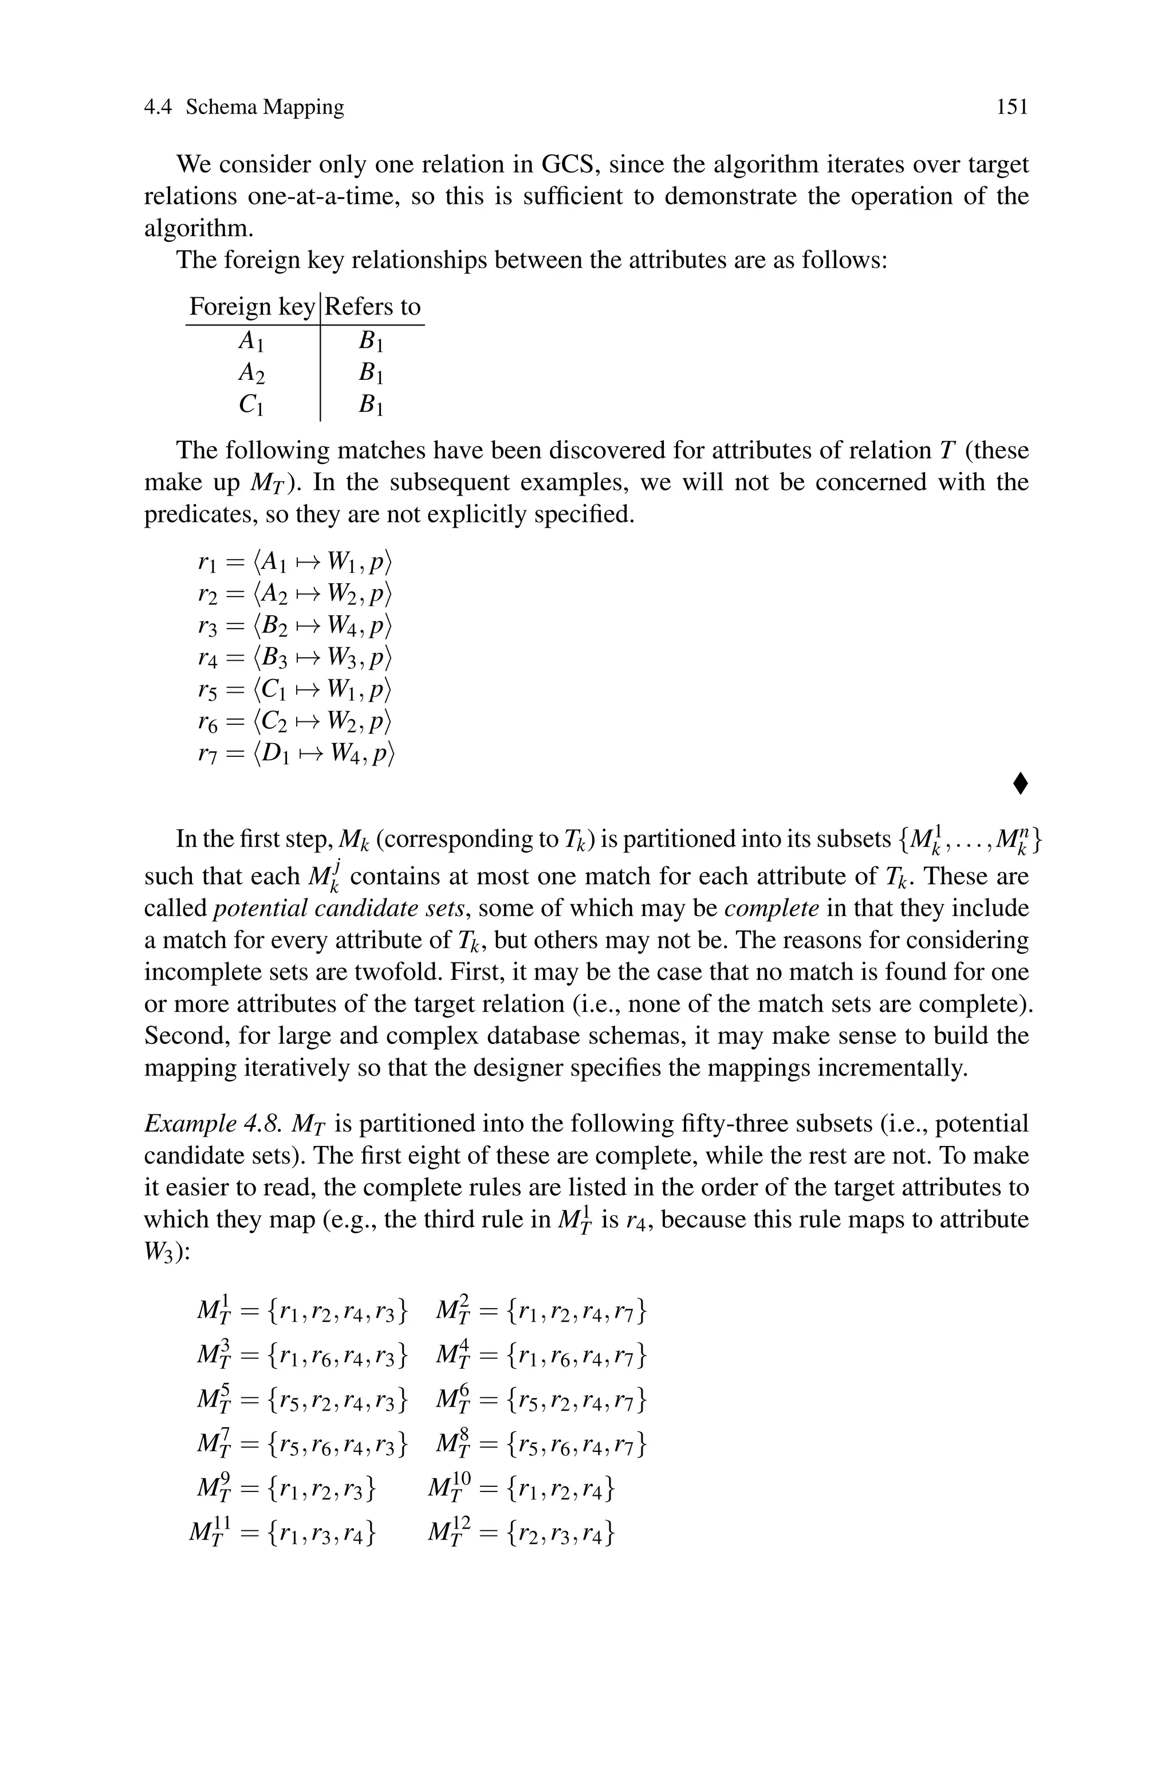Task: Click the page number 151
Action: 1012,107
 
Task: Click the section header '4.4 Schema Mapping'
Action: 244,107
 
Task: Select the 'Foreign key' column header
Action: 251,307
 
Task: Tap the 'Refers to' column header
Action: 372,307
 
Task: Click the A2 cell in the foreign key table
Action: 251,372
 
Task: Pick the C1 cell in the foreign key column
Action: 251,405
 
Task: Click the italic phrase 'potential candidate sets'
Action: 341,908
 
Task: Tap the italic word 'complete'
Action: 772,908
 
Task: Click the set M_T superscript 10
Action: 521,1488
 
